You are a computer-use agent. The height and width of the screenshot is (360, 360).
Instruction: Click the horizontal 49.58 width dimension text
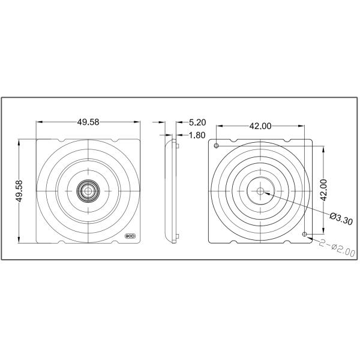pos(88,122)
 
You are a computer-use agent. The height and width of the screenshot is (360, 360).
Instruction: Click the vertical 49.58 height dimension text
pos(20,191)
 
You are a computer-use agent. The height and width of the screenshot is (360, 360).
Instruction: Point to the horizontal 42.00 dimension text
pos(260,125)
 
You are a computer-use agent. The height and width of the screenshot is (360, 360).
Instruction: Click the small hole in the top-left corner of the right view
pos(216,146)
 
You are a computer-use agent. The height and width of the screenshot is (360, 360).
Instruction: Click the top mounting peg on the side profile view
pos(178,145)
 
